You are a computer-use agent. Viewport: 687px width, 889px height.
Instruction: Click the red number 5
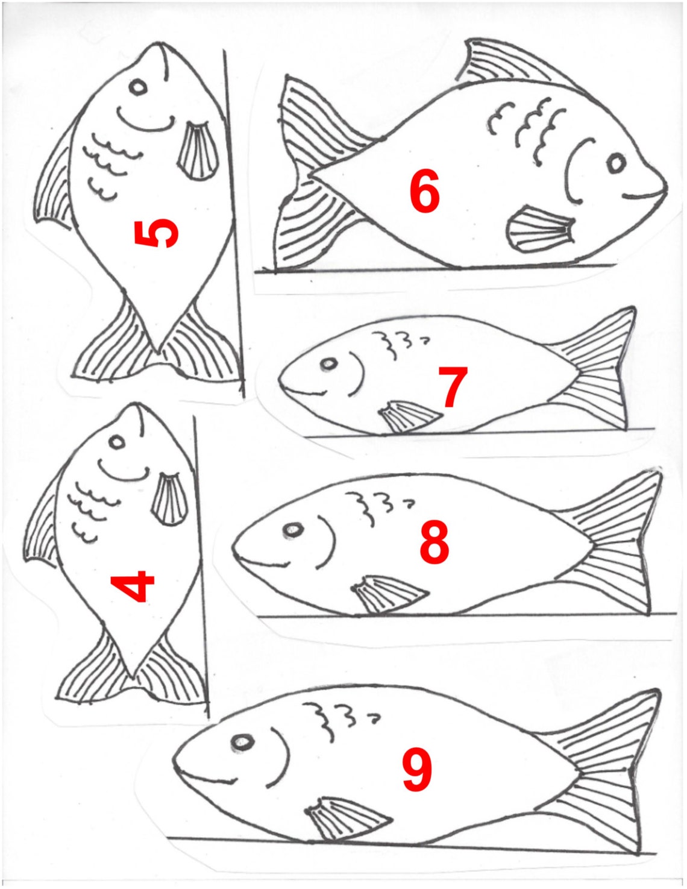[156, 233]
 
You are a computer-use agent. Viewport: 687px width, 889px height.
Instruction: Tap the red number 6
[424, 192]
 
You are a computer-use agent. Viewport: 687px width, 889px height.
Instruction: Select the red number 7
[453, 387]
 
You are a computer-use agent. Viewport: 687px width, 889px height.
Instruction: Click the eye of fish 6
[616, 163]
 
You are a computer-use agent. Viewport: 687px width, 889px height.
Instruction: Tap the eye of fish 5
[138, 87]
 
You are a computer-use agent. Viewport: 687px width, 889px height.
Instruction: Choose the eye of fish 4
[117, 442]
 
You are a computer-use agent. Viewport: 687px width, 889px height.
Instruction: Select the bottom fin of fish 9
[343, 817]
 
